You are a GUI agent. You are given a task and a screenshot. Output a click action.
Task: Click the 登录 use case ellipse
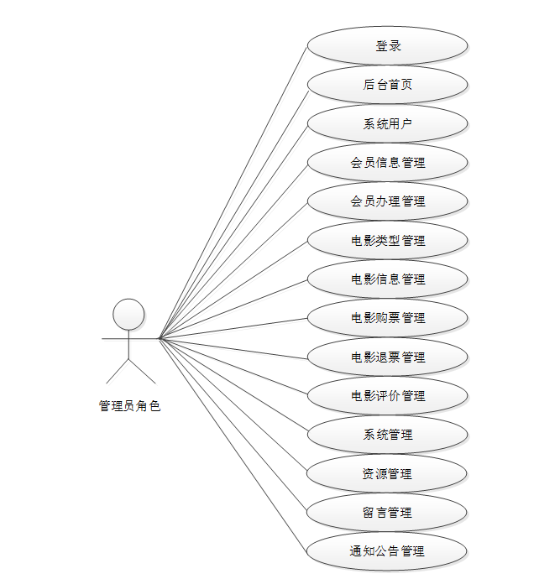[x=387, y=45]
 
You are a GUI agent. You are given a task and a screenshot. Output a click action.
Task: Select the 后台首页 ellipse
[x=387, y=84]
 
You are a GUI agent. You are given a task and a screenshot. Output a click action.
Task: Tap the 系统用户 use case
[x=387, y=123]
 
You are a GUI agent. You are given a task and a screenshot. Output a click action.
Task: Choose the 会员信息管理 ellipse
[x=387, y=162]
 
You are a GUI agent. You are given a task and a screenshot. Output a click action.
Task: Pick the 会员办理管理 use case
[x=387, y=201]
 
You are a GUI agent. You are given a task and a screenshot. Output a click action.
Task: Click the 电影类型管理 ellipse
[x=387, y=240]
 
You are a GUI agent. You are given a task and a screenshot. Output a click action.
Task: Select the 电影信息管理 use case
[x=387, y=279]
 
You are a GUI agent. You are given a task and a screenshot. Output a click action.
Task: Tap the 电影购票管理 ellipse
[x=387, y=318]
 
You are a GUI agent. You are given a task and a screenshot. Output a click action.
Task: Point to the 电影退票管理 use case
[x=387, y=357]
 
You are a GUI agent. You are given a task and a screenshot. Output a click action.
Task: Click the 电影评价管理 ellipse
[x=387, y=395]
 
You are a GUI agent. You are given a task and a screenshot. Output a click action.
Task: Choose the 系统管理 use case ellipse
[x=387, y=435]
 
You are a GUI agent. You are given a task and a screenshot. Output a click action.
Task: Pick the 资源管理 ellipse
[x=387, y=473]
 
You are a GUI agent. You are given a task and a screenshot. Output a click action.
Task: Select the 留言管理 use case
[x=387, y=512]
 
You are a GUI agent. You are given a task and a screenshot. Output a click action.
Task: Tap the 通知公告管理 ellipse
[x=387, y=551]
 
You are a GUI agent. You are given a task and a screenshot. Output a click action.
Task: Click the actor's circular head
[x=128, y=314]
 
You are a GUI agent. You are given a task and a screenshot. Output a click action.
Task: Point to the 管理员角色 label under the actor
[x=129, y=406]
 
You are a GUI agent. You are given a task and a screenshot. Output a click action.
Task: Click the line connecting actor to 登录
[x=233, y=191]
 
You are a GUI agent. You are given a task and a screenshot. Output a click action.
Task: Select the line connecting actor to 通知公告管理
[x=233, y=446]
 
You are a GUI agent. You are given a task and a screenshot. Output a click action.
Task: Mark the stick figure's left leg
[x=117, y=372]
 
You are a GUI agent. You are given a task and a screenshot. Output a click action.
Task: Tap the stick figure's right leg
[x=142, y=372]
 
